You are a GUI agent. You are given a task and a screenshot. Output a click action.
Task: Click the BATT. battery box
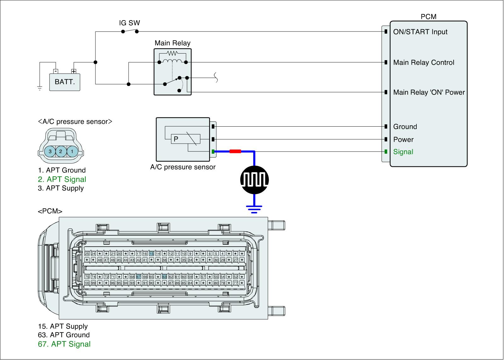[65, 82]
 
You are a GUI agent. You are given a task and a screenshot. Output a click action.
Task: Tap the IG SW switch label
[129, 23]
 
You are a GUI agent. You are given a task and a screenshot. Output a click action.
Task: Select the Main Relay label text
[172, 43]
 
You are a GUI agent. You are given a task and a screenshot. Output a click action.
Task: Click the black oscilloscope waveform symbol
[255, 180]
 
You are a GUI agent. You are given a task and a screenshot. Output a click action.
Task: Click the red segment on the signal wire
[235, 151]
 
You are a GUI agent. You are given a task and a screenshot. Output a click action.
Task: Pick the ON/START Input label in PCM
[420, 32]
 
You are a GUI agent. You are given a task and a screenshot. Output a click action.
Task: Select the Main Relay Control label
[424, 62]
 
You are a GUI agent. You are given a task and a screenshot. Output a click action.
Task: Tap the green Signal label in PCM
[403, 152]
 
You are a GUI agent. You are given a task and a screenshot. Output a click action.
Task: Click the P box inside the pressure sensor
[176, 139]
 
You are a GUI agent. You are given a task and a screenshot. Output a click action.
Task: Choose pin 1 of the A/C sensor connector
[72, 151]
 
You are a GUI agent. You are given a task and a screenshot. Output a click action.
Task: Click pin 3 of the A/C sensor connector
[50, 151]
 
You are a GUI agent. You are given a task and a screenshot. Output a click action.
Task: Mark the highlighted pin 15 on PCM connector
[152, 254]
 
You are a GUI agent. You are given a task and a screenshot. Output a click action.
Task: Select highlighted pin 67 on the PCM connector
[139, 277]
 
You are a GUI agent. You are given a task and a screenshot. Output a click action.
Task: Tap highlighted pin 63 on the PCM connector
[164, 277]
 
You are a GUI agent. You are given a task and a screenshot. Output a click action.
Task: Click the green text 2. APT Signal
[62, 179]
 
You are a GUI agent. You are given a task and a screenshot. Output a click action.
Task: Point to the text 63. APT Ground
[64, 335]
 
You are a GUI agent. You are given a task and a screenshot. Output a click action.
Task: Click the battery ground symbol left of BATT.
[40, 89]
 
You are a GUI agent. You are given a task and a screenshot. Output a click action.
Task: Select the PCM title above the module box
[428, 17]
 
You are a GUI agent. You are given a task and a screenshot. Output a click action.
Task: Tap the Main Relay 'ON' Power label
[429, 92]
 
